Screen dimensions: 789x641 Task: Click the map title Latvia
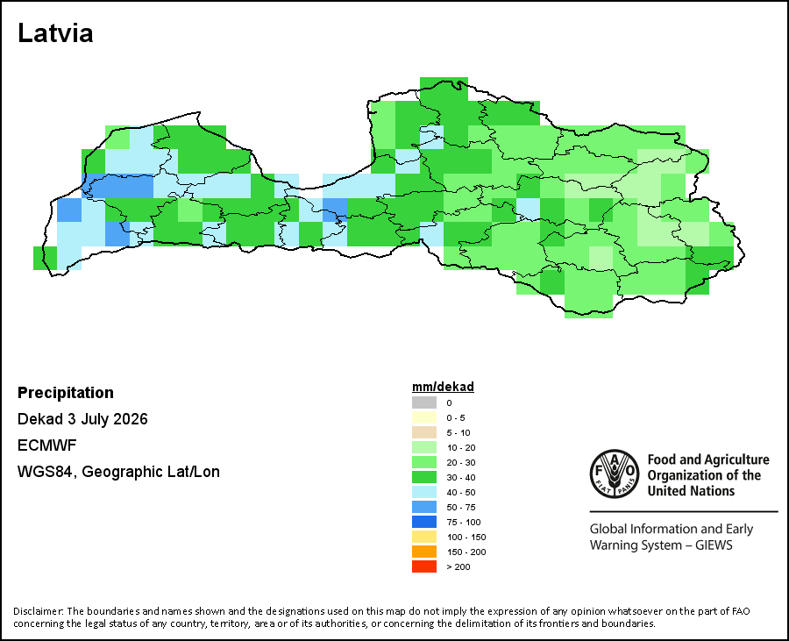55,33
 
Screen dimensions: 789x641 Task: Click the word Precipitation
66,393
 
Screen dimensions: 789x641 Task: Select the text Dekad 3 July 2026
82,419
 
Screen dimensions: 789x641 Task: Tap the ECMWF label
46,445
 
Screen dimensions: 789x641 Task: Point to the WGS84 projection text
118,472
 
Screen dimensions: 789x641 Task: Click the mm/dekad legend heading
443,387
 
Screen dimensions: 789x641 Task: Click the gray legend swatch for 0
424,402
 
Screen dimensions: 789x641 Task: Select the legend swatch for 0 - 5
424,417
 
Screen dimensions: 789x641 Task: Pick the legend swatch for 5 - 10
424,432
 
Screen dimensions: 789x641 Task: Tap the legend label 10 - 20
461,447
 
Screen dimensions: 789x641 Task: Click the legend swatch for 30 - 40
424,477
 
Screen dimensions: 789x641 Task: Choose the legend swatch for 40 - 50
424,492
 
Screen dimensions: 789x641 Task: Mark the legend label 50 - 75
461,507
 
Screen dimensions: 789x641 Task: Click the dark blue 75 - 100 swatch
424,522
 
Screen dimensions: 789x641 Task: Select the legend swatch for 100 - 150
424,537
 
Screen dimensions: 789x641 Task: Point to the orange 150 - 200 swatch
424,552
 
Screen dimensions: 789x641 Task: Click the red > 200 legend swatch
424,566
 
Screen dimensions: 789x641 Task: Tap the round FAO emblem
615,474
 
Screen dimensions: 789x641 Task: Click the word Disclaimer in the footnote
39,611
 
